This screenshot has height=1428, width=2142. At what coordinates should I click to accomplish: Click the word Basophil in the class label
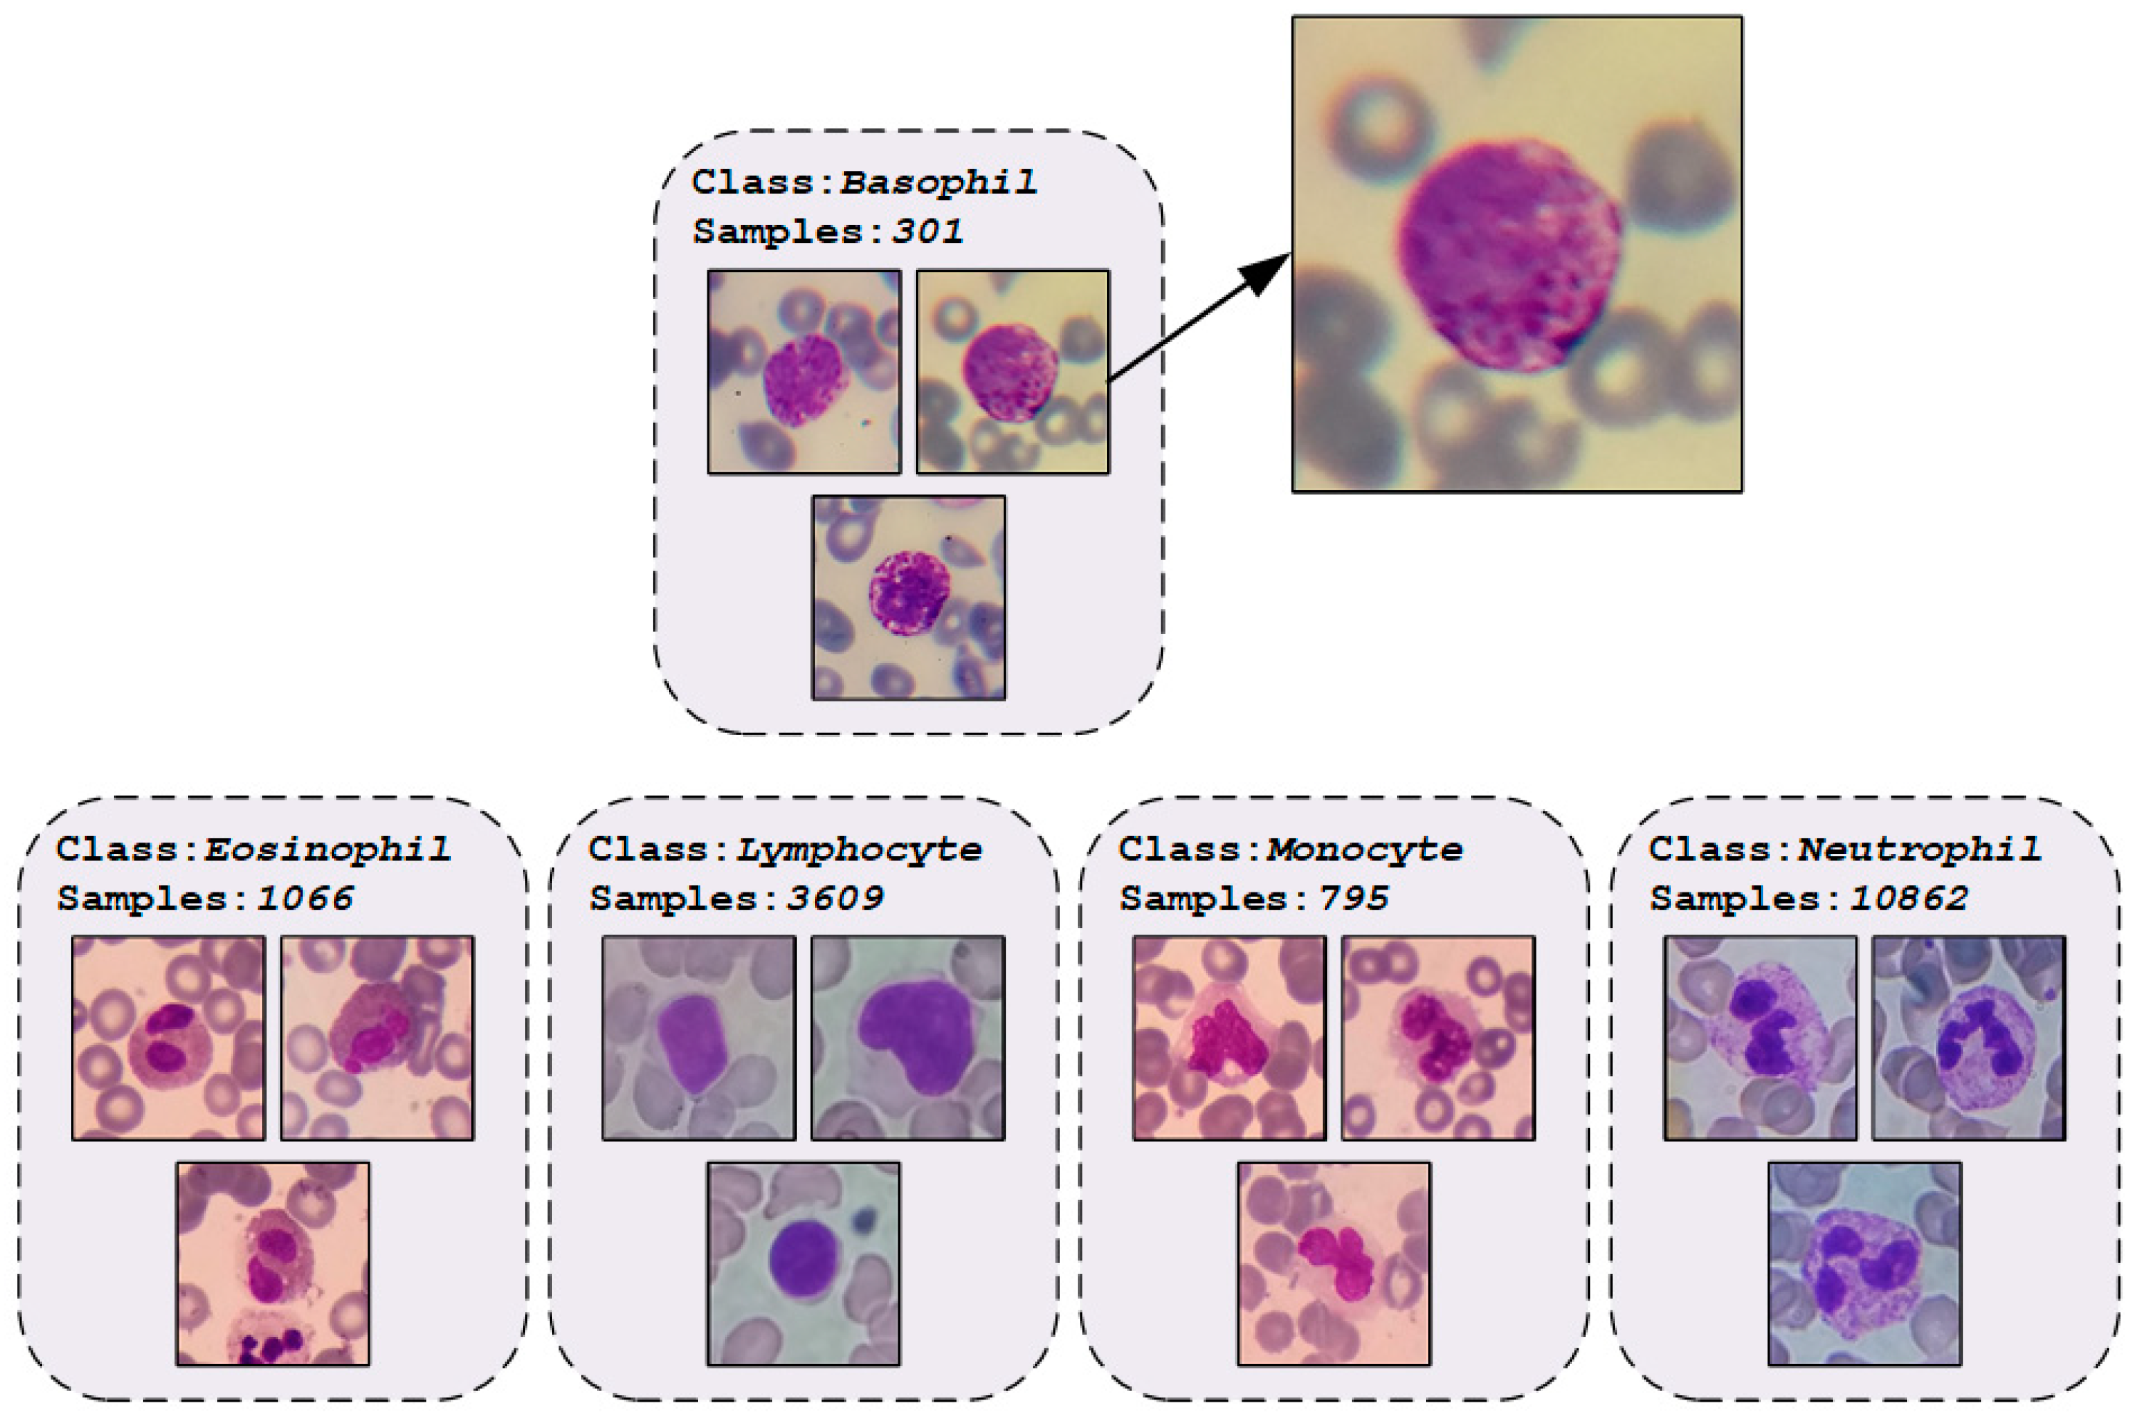pyautogui.click(x=938, y=182)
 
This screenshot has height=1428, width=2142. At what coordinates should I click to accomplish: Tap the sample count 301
pyautogui.click(x=927, y=231)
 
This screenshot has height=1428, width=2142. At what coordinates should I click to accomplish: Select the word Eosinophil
pyautogui.click(x=326, y=850)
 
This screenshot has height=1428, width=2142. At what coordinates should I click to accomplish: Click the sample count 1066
pyautogui.click(x=304, y=899)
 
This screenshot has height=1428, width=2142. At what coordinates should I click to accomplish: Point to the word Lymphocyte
pyautogui.click(x=859, y=850)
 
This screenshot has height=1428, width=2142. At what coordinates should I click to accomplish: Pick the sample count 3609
pyautogui.click(x=835, y=899)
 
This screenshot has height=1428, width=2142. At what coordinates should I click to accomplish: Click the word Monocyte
pyautogui.click(x=1364, y=850)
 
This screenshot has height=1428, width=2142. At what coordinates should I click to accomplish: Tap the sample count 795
pyautogui.click(x=1354, y=899)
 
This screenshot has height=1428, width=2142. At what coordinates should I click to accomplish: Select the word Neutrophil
pyautogui.click(x=1919, y=850)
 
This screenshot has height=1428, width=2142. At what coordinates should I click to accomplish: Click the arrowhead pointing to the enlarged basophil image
pyautogui.click(x=1266, y=273)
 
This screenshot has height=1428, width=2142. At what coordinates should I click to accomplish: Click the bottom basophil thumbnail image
pyautogui.click(x=909, y=598)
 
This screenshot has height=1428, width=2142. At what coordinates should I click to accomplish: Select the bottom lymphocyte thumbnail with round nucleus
pyautogui.click(x=804, y=1263)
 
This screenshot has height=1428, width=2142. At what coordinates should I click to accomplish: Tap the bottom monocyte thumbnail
pyautogui.click(x=1334, y=1263)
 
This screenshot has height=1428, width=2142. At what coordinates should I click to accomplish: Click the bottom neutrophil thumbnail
pyautogui.click(x=1865, y=1263)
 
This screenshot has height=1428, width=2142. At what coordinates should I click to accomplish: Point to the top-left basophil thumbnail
pyautogui.click(x=804, y=372)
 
